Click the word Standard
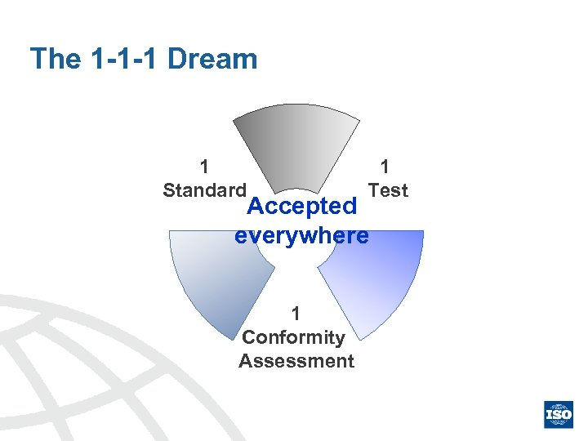[x=204, y=190]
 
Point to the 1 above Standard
[x=204, y=167]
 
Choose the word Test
[x=388, y=190]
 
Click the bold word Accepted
[x=301, y=207]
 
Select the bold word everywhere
[x=301, y=236]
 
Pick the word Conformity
[x=294, y=337]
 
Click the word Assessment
[x=296, y=361]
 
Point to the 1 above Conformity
[x=296, y=314]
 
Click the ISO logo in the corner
[x=559, y=414]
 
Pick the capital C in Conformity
[x=249, y=337]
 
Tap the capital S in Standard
[x=168, y=190]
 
